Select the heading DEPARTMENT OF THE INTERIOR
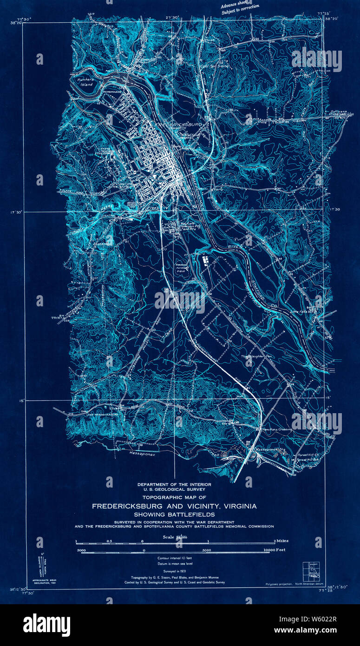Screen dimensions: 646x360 tap(174, 484)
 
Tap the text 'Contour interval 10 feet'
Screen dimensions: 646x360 tap(175, 557)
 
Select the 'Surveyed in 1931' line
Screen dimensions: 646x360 tap(175, 572)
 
